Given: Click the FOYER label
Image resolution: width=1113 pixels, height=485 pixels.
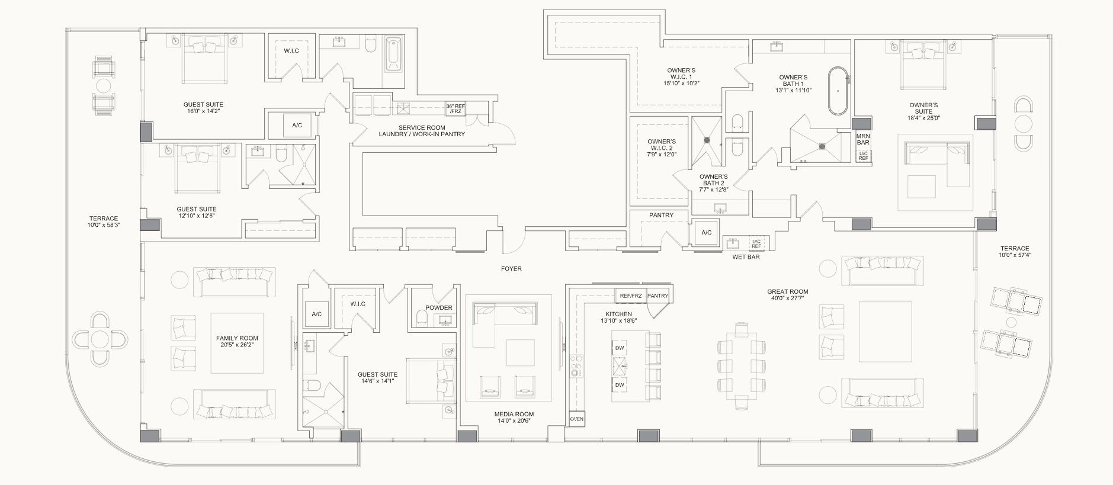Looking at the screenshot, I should (x=511, y=269).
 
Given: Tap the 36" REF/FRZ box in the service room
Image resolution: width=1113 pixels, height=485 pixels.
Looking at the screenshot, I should (x=456, y=109).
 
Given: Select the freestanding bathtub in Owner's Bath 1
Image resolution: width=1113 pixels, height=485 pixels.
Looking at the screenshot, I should (x=836, y=90).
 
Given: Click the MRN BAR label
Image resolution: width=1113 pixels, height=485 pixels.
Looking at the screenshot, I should (x=862, y=139).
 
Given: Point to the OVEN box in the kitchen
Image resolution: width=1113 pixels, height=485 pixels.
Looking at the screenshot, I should (x=576, y=419).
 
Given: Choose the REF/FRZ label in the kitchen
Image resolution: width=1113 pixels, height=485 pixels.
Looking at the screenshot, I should (x=631, y=296).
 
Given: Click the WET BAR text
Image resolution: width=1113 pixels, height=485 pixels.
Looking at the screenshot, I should (x=746, y=257).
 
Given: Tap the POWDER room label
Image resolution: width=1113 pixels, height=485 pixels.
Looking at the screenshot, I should (x=439, y=307).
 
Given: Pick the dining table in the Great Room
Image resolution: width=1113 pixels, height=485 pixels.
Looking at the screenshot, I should (x=740, y=365).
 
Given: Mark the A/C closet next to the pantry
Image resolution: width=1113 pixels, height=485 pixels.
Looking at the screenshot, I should (x=706, y=233).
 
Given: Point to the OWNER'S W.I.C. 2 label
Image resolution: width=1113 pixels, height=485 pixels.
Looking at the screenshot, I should (x=661, y=147).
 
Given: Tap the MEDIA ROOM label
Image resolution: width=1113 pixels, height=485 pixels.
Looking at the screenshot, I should (x=514, y=414).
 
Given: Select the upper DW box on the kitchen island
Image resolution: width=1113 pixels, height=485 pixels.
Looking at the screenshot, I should (x=620, y=348).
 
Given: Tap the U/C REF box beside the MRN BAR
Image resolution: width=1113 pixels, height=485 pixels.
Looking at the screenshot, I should (x=863, y=156).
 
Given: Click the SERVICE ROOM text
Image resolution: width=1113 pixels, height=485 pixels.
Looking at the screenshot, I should (x=421, y=127).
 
